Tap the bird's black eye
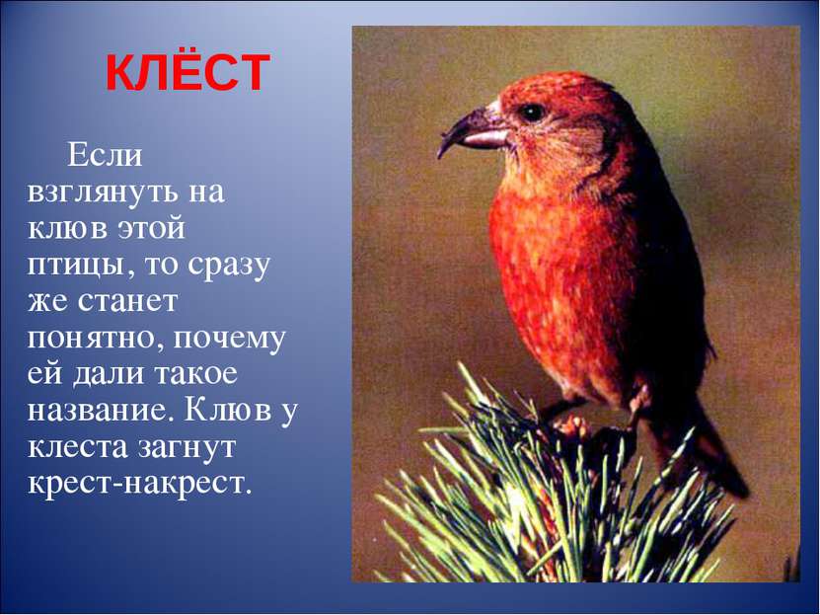(532, 112)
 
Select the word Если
(105, 155)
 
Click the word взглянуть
(100, 192)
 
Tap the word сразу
(228, 266)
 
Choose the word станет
(127, 302)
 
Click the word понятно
(98, 339)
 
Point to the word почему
(229, 340)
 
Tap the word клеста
(78, 447)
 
